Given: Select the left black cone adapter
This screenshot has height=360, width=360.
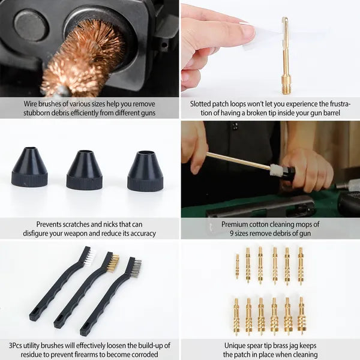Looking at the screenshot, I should pos(29,167).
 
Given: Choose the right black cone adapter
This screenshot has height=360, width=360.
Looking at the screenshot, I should pos(146,172).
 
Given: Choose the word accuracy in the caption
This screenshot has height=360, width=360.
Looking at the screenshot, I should pos(139,233).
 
